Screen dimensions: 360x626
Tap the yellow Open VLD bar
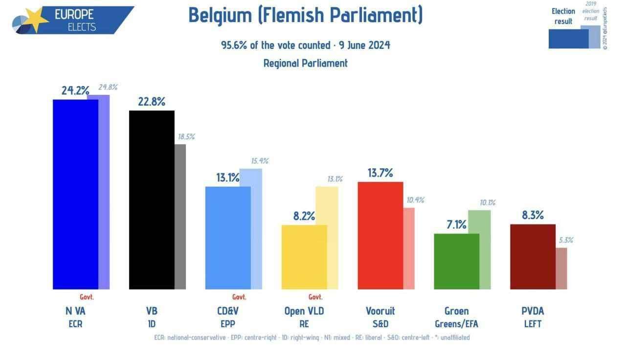(304, 257)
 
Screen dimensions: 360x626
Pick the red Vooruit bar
(380, 235)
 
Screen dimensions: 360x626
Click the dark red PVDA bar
(533, 256)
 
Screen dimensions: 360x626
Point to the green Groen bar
(457, 261)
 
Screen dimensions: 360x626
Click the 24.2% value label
(75, 90)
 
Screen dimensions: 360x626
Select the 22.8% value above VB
(151, 102)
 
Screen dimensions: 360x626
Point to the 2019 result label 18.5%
(186, 137)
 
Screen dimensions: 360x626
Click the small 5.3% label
(566, 240)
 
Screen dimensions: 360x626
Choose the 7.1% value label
(456, 225)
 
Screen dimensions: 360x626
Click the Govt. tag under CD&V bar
(239, 297)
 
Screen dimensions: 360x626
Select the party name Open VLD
(304, 311)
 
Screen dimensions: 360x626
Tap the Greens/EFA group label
(456, 324)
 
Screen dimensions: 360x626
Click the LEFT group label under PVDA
(533, 324)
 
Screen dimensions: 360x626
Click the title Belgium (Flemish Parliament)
(306, 15)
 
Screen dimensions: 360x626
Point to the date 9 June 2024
(364, 45)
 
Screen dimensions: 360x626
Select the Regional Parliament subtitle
(306, 63)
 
